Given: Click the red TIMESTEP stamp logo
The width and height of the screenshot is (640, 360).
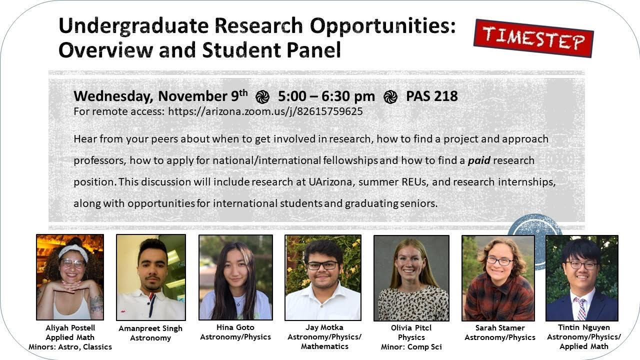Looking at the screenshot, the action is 533,38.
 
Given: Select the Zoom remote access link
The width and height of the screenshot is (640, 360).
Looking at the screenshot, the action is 265,111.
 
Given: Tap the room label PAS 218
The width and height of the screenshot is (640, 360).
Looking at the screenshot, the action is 431,96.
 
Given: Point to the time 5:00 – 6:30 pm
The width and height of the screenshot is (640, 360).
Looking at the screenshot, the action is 326,96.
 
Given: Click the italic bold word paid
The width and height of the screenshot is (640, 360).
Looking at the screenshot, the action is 479,160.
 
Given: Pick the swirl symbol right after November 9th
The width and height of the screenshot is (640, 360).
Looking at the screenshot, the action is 262,97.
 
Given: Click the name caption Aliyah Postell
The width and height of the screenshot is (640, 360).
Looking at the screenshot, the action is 70,327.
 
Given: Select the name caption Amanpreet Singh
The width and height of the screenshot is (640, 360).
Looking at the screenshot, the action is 150,328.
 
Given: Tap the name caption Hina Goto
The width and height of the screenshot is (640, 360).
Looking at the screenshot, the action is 235,327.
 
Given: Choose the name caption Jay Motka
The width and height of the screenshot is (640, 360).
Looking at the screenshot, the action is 324,327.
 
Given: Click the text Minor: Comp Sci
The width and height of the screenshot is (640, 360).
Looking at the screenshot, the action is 411,347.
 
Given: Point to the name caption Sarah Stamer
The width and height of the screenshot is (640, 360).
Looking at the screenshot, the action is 499,327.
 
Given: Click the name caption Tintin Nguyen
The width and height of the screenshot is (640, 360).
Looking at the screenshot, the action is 583,327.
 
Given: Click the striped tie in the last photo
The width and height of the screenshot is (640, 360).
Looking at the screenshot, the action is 581,308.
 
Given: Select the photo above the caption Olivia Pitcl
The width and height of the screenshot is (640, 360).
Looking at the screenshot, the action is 411,278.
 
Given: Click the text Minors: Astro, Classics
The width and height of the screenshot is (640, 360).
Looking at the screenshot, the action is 70,347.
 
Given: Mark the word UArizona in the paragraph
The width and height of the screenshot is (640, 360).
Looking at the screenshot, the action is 330,182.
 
